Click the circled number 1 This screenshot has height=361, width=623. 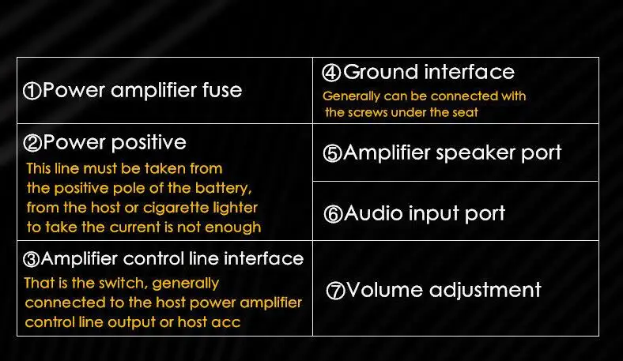pyautogui.click(x=32, y=91)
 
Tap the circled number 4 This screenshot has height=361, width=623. pyautogui.click(x=332, y=73)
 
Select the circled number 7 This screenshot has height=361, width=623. pyautogui.click(x=336, y=291)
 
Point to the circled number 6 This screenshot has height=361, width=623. pyautogui.click(x=334, y=214)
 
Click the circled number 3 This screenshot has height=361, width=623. pyautogui.click(x=32, y=259)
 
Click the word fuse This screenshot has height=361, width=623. pyautogui.click(x=222, y=90)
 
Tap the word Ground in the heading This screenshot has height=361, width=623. pyautogui.click(x=380, y=73)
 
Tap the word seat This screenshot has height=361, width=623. pyautogui.click(x=465, y=112)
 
